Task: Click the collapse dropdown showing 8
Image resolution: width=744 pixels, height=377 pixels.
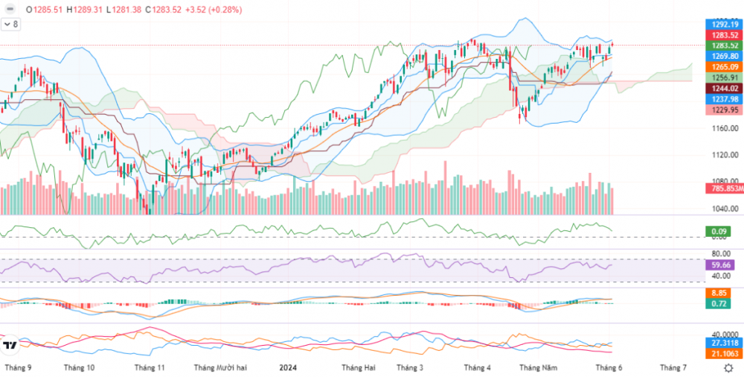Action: pyautogui.click(x=11, y=25)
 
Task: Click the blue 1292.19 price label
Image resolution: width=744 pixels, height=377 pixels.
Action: pyautogui.click(x=724, y=24)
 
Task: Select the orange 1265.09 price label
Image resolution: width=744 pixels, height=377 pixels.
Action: pyautogui.click(x=724, y=67)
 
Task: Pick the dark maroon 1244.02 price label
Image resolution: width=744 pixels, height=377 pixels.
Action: pyautogui.click(x=724, y=89)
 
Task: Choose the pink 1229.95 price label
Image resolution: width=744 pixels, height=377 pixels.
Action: pyautogui.click(x=724, y=110)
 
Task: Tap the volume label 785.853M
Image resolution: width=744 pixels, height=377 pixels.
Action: pyautogui.click(x=723, y=188)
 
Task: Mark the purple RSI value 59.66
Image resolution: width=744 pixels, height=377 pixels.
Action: pyautogui.click(x=721, y=264)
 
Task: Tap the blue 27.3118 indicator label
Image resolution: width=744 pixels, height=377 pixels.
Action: pyautogui.click(x=723, y=342)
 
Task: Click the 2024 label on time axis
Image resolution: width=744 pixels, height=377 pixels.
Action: pyautogui.click(x=289, y=367)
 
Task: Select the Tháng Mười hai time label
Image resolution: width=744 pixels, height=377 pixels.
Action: pyautogui.click(x=220, y=367)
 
